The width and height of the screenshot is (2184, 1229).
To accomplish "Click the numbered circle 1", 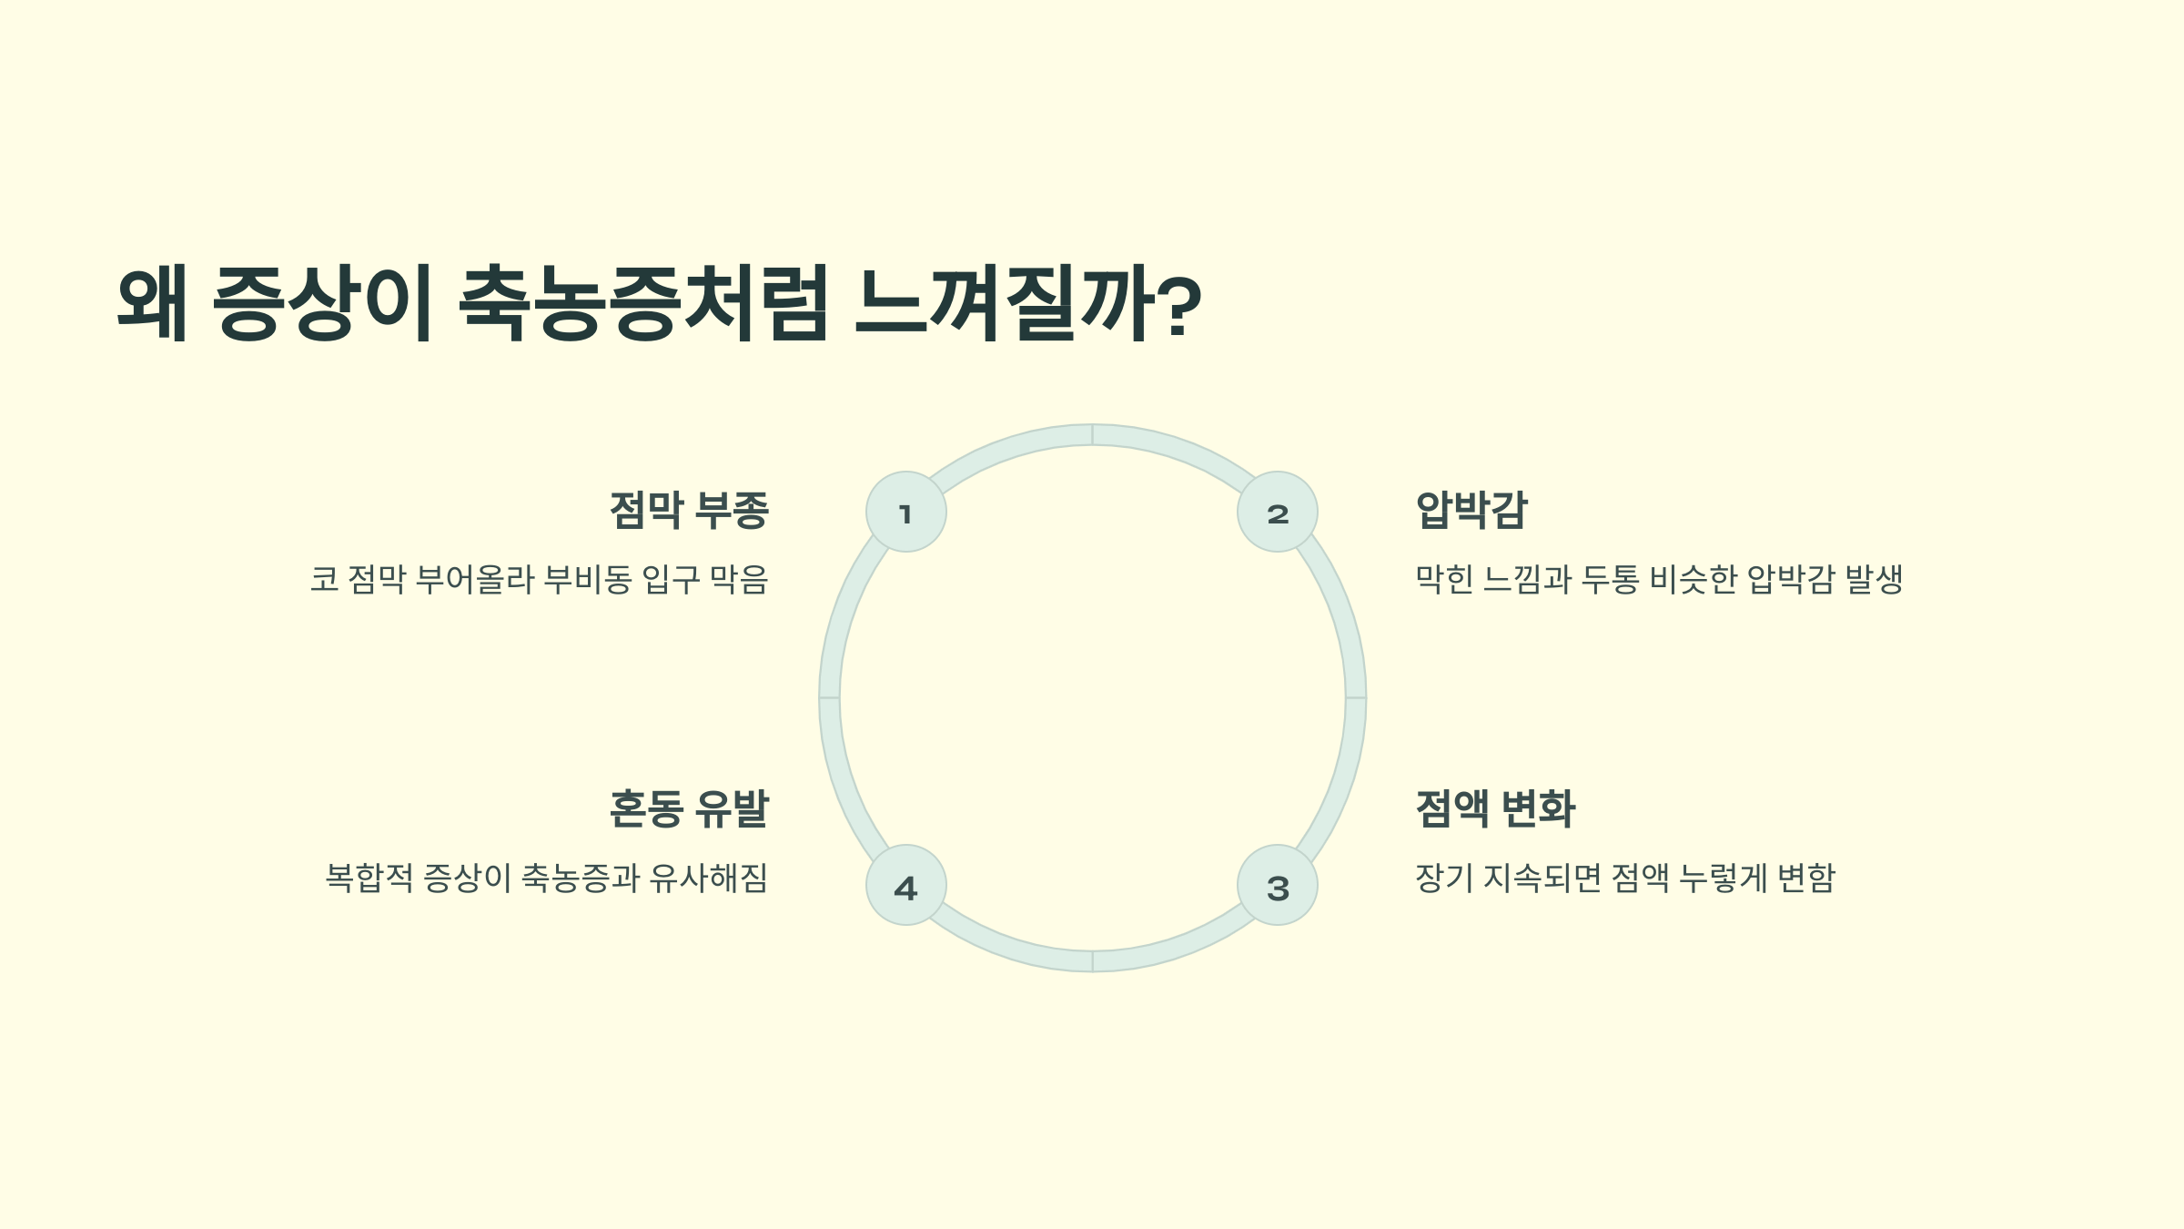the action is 905,512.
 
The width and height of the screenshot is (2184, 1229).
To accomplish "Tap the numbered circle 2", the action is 1278,512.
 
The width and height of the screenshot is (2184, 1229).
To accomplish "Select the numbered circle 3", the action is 1278,885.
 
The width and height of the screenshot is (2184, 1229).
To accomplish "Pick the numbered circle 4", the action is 905,885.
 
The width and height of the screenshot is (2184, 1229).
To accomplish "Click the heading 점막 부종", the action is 689,510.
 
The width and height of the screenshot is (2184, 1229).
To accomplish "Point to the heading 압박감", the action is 1471,510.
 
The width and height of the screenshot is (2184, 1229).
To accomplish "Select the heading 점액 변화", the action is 1495,808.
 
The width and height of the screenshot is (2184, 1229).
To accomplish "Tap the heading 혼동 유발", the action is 689,808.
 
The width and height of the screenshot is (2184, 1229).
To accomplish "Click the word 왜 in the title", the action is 153,303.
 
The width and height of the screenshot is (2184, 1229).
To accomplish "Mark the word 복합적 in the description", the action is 369,878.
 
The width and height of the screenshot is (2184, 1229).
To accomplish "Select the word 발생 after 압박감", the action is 1874,579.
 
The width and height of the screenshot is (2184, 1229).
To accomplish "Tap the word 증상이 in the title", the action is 322,303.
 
